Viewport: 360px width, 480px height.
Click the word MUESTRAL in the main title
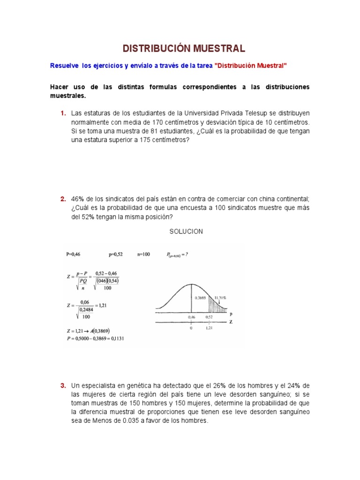pyautogui.click(x=217, y=48)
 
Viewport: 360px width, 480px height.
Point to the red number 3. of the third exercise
pyautogui.click(x=63, y=386)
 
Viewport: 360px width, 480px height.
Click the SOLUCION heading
pyautogui.click(x=186, y=232)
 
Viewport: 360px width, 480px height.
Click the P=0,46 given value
pyautogui.click(x=74, y=255)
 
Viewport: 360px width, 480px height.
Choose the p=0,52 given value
pyautogui.click(x=116, y=255)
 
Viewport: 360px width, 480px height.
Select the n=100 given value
pyautogui.click(x=143, y=255)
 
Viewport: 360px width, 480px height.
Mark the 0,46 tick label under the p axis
pyautogui.click(x=191, y=317)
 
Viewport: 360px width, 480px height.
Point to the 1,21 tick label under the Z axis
pyautogui.click(x=210, y=329)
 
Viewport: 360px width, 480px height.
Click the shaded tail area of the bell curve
pyautogui.click(x=215, y=305)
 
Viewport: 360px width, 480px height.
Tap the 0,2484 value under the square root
pyautogui.click(x=86, y=310)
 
